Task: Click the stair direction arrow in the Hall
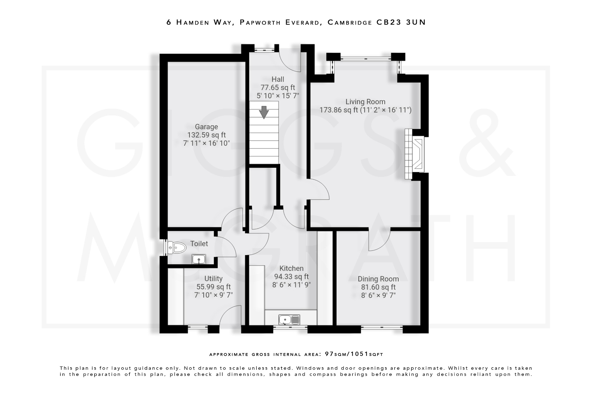click(263, 112)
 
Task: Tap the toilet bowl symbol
click(177, 248)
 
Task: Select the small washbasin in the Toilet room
click(199, 259)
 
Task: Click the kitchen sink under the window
click(289, 320)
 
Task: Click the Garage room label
click(206, 127)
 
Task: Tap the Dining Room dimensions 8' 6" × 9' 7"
click(378, 295)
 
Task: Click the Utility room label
click(213, 279)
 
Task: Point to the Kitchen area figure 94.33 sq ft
click(291, 277)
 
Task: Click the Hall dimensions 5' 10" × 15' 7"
click(278, 96)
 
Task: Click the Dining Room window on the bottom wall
click(382, 327)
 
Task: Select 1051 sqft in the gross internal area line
click(367, 354)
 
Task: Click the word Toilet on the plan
click(199, 244)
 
